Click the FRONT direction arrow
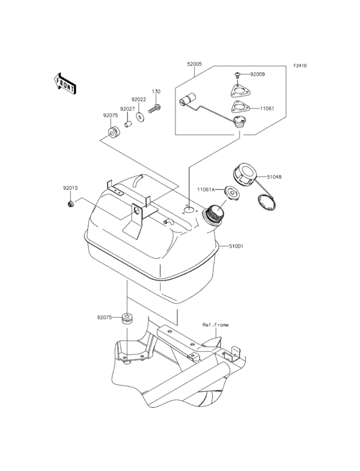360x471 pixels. (64, 84)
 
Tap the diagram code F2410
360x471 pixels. (300, 66)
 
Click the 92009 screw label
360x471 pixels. (257, 74)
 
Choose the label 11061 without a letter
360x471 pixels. (267, 109)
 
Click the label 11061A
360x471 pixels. (206, 189)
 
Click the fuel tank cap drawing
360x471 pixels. (243, 175)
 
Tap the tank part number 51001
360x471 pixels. (236, 246)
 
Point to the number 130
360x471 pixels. (156, 91)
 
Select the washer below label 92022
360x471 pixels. (139, 117)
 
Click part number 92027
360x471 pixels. (127, 109)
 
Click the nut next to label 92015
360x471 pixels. (71, 204)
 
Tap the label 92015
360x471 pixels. (70, 189)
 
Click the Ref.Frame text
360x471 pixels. (215, 325)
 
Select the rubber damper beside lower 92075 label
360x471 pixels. (127, 318)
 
